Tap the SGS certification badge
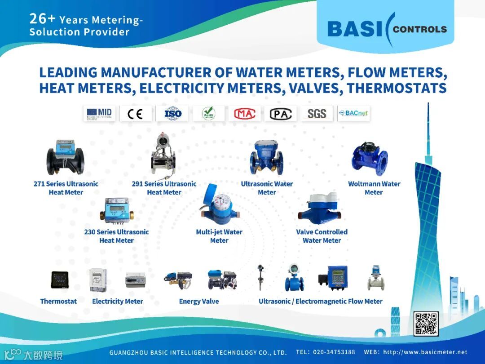click(x=317, y=114)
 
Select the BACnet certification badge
click(x=353, y=114)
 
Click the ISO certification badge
click(x=172, y=114)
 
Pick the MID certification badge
click(x=99, y=114)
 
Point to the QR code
click(x=426, y=324)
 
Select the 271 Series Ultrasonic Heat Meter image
click(x=66, y=157)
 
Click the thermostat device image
click(x=59, y=280)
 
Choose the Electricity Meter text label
click(x=118, y=302)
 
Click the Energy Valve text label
click(x=199, y=302)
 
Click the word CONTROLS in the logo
click(x=419, y=30)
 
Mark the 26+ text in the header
click(x=42, y=19)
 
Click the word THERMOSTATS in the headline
click(x=397, y=88)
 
